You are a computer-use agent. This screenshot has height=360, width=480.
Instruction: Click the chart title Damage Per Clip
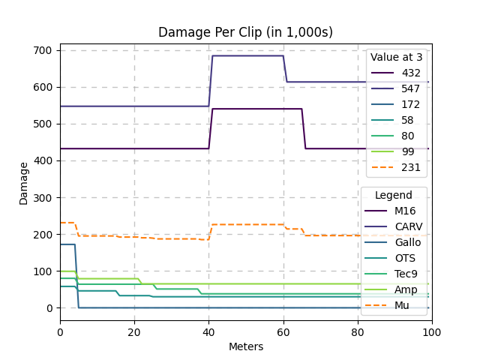[x=245, y=32]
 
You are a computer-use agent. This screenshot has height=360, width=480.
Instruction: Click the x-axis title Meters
[x=245, y=346]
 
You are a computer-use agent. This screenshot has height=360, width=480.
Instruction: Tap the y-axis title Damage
[x=23, y=183]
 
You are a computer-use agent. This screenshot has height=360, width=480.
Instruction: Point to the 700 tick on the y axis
[x=43, y=50]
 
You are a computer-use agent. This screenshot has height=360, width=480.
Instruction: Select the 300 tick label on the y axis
[x=43, y=198]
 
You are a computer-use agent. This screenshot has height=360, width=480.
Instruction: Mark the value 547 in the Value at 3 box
[x=411, y=88]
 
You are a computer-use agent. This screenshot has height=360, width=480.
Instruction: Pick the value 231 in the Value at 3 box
[x=411, y=167]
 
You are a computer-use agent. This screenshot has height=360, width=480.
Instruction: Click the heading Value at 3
[x=396, y=57]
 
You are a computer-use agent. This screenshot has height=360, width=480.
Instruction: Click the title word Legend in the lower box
[x=394, y=195]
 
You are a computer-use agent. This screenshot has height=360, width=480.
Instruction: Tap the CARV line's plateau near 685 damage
[x=247, y=55]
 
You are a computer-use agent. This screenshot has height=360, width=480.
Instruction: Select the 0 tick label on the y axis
[x=49, y=308]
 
